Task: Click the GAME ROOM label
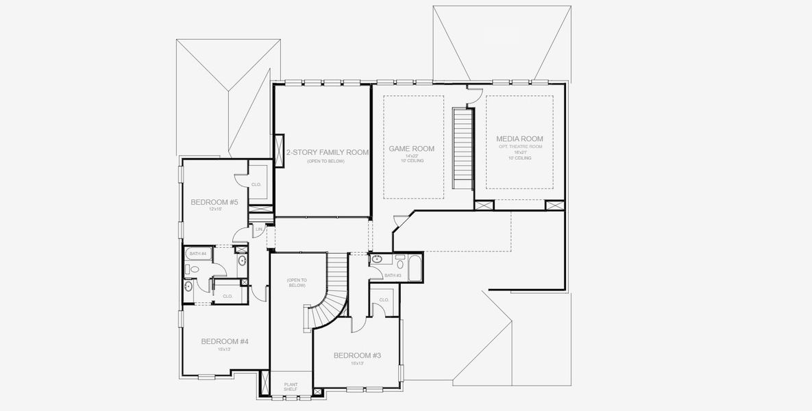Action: pos(411,149)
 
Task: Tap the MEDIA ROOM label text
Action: pos(519,139)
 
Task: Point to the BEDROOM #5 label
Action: pos(214,202)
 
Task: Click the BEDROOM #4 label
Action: pos(224,341)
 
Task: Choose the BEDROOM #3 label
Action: pos(357,355)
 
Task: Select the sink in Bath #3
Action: pos(378,260)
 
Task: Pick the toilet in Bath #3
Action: pos(400,262)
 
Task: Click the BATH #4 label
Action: pos(197,254)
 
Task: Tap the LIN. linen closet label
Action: pos(259,229)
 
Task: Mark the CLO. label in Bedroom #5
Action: pos(256,184)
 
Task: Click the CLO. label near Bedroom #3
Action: pos(384,299)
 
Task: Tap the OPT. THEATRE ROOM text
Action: pos(519,147)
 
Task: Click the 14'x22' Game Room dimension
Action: pos(411,156)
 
